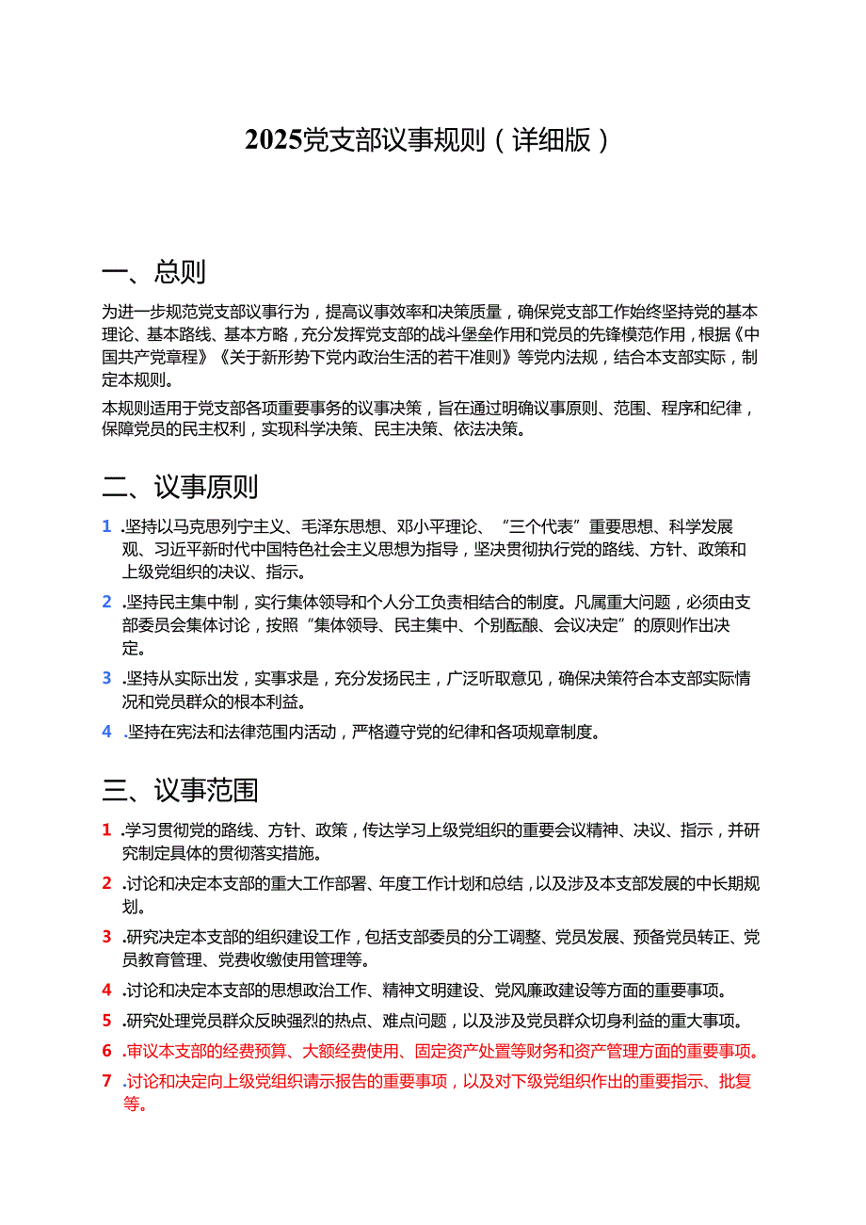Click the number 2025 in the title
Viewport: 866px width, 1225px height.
[x=274, y=140]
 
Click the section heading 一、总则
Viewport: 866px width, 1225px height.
[x=153, y=272]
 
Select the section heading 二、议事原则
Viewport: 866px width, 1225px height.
[x=180, y=487]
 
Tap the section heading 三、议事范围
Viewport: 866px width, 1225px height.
[x=180, y=790]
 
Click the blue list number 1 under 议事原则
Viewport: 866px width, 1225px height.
[x=107, y=526]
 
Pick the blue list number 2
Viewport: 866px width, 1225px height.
[x=107, y=602]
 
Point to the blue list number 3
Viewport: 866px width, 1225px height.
[x=107, y=678]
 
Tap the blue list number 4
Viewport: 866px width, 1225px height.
[x=107, y=732]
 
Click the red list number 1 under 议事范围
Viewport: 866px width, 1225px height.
[x=107, y=830]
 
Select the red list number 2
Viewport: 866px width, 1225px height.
[x=107, y=883]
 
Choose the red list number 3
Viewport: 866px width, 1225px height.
[x=107, y=937]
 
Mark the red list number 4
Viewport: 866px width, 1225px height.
[x=107, y=991]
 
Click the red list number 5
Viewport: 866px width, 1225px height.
[x=107, y=1021]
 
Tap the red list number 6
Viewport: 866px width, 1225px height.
[x=107, y=1051]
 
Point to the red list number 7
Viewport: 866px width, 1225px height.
[x=107, y=1081]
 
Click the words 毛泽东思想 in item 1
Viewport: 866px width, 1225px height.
[x=336, y=526]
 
